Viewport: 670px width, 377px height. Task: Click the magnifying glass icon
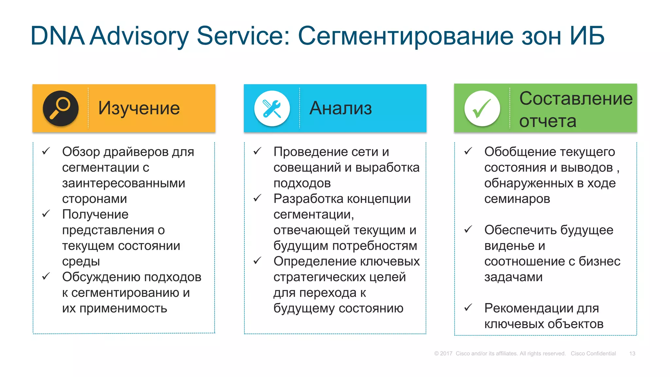point(61,108)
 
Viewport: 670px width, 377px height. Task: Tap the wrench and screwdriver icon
point(272,108)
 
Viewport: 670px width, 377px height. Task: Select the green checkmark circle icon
point(482,108)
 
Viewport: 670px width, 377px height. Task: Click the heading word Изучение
point(139,108)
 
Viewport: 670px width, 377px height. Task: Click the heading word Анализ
point(341,108)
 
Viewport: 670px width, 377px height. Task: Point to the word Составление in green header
point(576,99)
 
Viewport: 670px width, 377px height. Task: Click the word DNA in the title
point(57,36)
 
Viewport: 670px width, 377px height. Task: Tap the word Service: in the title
point(243,36)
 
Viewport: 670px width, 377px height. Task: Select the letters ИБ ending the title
point(587,36)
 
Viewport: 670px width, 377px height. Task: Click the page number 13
point(632,353)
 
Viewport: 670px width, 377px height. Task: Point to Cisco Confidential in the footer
point(593,353)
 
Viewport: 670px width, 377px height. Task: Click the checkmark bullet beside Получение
point(46,214)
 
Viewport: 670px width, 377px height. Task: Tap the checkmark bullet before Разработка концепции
point(257,198)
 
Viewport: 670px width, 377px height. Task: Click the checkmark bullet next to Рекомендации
point(468,308)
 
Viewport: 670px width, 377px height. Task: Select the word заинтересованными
point(124,183)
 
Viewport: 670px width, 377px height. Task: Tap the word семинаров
point(517,199)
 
